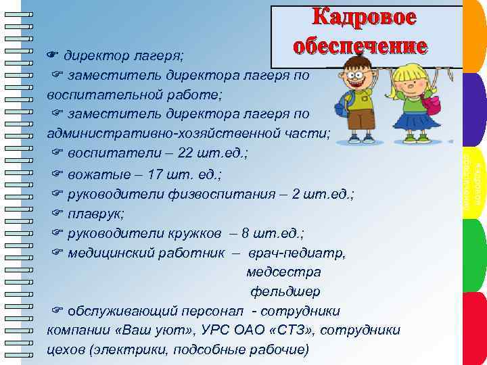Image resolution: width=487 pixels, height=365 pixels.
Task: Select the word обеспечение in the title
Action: click(361, 46)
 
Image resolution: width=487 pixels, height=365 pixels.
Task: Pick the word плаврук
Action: click(92, 214)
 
